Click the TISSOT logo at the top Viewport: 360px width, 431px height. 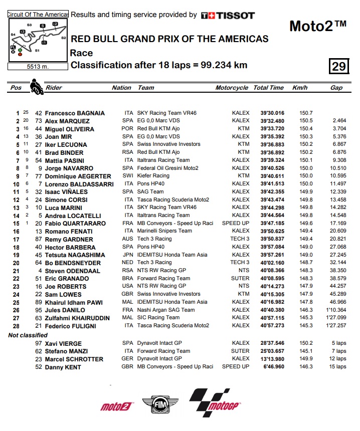pos(228,15)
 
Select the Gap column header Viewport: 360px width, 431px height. pos(336,88)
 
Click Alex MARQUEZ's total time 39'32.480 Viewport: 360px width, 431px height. pos(272,121)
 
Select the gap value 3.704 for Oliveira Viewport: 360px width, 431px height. pos(339,129)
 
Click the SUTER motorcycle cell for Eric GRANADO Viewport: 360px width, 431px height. pos(240,278)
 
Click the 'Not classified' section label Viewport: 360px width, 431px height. pos(28,335)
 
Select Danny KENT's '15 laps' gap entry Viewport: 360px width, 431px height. pos(338,366)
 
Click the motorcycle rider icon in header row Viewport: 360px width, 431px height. pos(36,87)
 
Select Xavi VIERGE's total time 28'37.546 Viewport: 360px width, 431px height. pos(272,343)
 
